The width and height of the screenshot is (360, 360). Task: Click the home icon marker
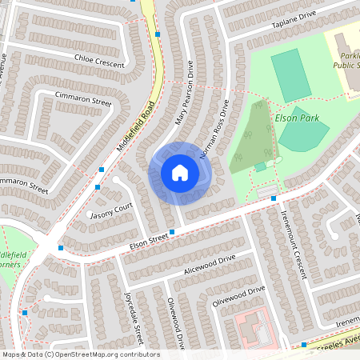[x=180, y=173]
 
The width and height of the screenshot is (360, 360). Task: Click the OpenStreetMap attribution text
[x=81, y=354]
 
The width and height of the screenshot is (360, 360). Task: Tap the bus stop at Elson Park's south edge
[x=274, y=197]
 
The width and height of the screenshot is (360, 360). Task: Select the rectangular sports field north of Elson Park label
[x=290, y=74]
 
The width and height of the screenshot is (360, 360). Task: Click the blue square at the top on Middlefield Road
[x=158, y=35]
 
